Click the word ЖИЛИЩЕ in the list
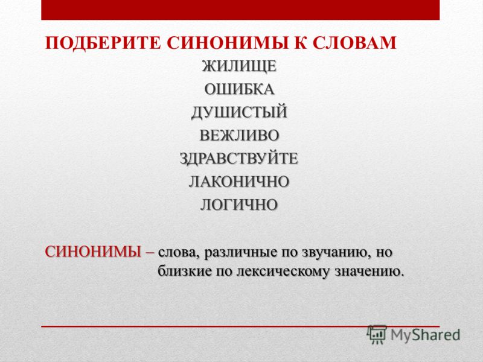[239, 66]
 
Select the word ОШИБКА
[239, 89]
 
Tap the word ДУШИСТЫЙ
[239, 112]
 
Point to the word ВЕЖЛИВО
[239, 135]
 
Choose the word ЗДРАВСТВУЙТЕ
[239, 159]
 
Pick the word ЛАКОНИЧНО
[239, 182]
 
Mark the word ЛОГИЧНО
[239, 205]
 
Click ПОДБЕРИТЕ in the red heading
[103, 43]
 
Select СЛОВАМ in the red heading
[354, 43]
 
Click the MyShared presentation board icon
[377, 335]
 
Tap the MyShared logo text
[426, 335]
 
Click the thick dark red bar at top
[240, 10]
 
